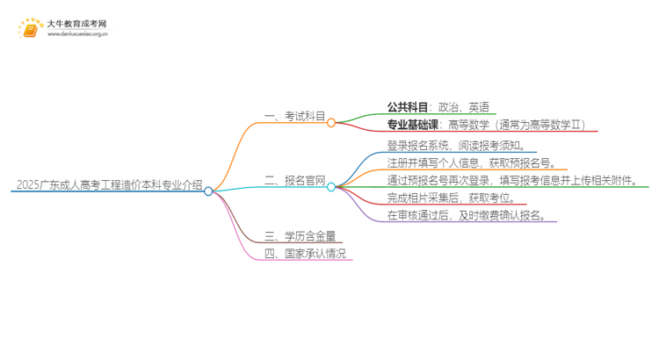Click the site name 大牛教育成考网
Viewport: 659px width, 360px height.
point(77,24)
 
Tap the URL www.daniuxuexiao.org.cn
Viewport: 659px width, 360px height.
point(77,34)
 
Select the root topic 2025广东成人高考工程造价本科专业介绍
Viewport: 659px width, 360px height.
point(109,184)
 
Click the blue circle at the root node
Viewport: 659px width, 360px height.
point(208,191)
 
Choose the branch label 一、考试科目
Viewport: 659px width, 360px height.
point(294,116)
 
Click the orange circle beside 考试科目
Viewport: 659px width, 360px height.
point(331,123)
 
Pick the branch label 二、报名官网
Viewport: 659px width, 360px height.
point(294,180)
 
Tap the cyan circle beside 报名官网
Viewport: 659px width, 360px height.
point(331,187)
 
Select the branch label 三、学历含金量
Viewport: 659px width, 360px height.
point(301,236)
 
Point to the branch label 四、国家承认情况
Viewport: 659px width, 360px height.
point(305,253)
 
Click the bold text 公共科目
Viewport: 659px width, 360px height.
point(407,107)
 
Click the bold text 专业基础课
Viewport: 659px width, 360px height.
point(412,125)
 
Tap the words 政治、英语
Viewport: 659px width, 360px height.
point(464,107)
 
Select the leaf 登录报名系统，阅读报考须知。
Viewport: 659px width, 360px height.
point(457,146)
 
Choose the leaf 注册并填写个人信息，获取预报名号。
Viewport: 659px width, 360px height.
point(473,163)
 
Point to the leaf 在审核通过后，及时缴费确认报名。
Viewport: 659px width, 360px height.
point(467,215)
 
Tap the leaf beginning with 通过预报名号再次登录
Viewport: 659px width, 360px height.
point(513,180)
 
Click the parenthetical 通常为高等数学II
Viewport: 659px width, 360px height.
point(540,125)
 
